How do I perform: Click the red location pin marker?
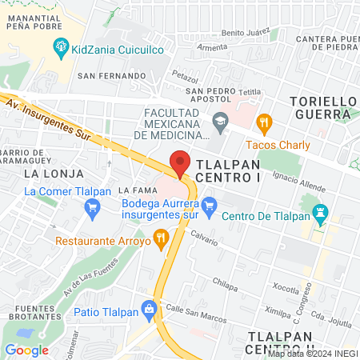click(x=181, y=162)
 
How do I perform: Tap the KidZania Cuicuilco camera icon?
click(x=61, y=50)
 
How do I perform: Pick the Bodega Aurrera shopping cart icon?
click(x=209, y=206)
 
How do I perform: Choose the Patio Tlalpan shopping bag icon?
click(x=148, y=308)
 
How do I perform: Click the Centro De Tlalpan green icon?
click(x=320, y=214)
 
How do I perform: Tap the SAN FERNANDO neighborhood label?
click(x=111, y=76)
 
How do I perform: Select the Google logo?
click(x=26, y=350)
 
